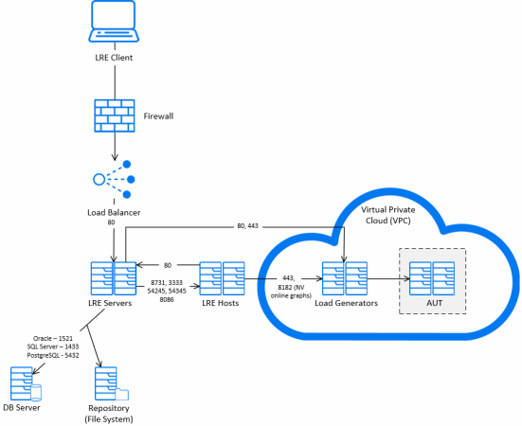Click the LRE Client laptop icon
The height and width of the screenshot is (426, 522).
pyautogui.click(x=114, y=21)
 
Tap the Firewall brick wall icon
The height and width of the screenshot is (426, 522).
pyautogui.click(x=115, y=115)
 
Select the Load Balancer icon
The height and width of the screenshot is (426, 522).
pyautogui.click(x=114, y=180)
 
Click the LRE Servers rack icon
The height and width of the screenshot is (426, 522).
pyautogui.click(x=114, y=278)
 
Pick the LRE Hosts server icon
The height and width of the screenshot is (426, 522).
pyautogui.click(x=222, y=278)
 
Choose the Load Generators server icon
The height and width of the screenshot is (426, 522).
pyautogui.click(x=345, y=278)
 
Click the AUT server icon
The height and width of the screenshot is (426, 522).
pyautogui.click(x=432, y=278)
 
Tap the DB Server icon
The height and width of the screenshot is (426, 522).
pyautogui.click(x=26, y=383)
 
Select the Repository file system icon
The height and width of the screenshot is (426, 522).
pyautogui.click(x=112, y=383)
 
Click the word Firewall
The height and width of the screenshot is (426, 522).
pyautogui.click(x=158, y=116)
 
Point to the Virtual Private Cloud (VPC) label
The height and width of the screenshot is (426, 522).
pyautogui.click(x=388, y=215)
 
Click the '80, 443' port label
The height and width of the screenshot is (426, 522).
pyautogui.click(x=247, y=226)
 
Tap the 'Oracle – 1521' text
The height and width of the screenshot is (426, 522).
pyautogui.click(x=53, y=338)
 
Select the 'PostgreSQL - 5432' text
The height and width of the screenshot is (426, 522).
pyautogui.click(x=53, y=356)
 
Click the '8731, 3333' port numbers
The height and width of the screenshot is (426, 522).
pyautogui.click(x=167, y=283)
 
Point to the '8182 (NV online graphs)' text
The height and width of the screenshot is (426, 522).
pyautogui.click(x=291, y=292)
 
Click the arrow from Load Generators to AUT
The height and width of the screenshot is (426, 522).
pyautogui.click(x=388, y=278)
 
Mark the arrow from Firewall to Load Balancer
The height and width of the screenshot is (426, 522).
pyautogui.click(x=115, y=147)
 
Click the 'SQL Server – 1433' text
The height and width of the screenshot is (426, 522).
pyautogui.click(x=53, y=346)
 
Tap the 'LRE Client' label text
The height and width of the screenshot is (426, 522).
pyautogui.click(x=114, y=58)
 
